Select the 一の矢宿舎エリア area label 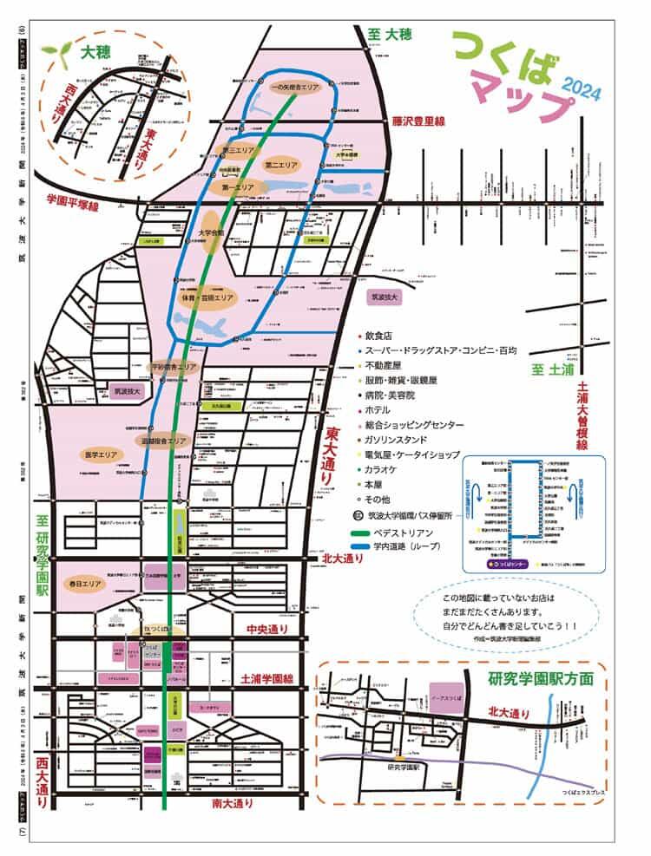coord(293,87)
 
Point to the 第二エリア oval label coord(282,164)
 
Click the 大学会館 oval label coord(211,232)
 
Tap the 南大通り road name coord(233,804)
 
